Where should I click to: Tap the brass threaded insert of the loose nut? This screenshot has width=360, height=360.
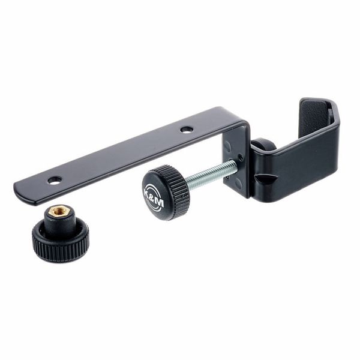point(59,212)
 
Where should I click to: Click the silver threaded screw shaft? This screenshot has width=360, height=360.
point(210,175)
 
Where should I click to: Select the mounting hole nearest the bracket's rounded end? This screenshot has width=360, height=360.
point(55,179)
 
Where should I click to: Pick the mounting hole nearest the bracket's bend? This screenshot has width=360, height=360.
point(187,129)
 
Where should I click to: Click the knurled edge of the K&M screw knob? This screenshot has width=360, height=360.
point(178,192)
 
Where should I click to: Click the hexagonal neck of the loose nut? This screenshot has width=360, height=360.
point(61,220)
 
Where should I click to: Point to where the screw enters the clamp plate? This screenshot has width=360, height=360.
point(236,165)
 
